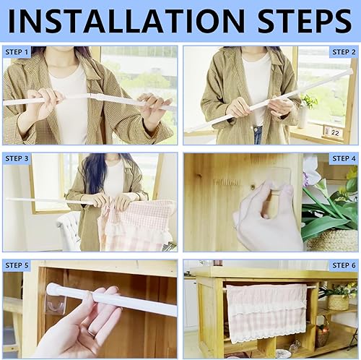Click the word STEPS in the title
pyautogui.click(x=305, y=21)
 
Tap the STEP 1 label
pyautogui.click(x=17, y=52)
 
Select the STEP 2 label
pyautogui.click(x=344, y=52)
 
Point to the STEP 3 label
pyautogui.click(x=17, y=158)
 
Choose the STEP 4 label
pyautogui.click(x=344, y=158)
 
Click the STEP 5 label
pyautogui.click(x=17, y=265)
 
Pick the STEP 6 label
pyautogui.click(x=344, y=265)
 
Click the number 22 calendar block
pyautogui.click(x=334, y=132)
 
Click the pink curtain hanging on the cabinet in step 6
pyautogui.click(x=266, y=313)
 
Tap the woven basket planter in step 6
pyautogui.click(x=338, y=302)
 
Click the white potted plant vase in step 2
pyautogui.click(x=303, y=117)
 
